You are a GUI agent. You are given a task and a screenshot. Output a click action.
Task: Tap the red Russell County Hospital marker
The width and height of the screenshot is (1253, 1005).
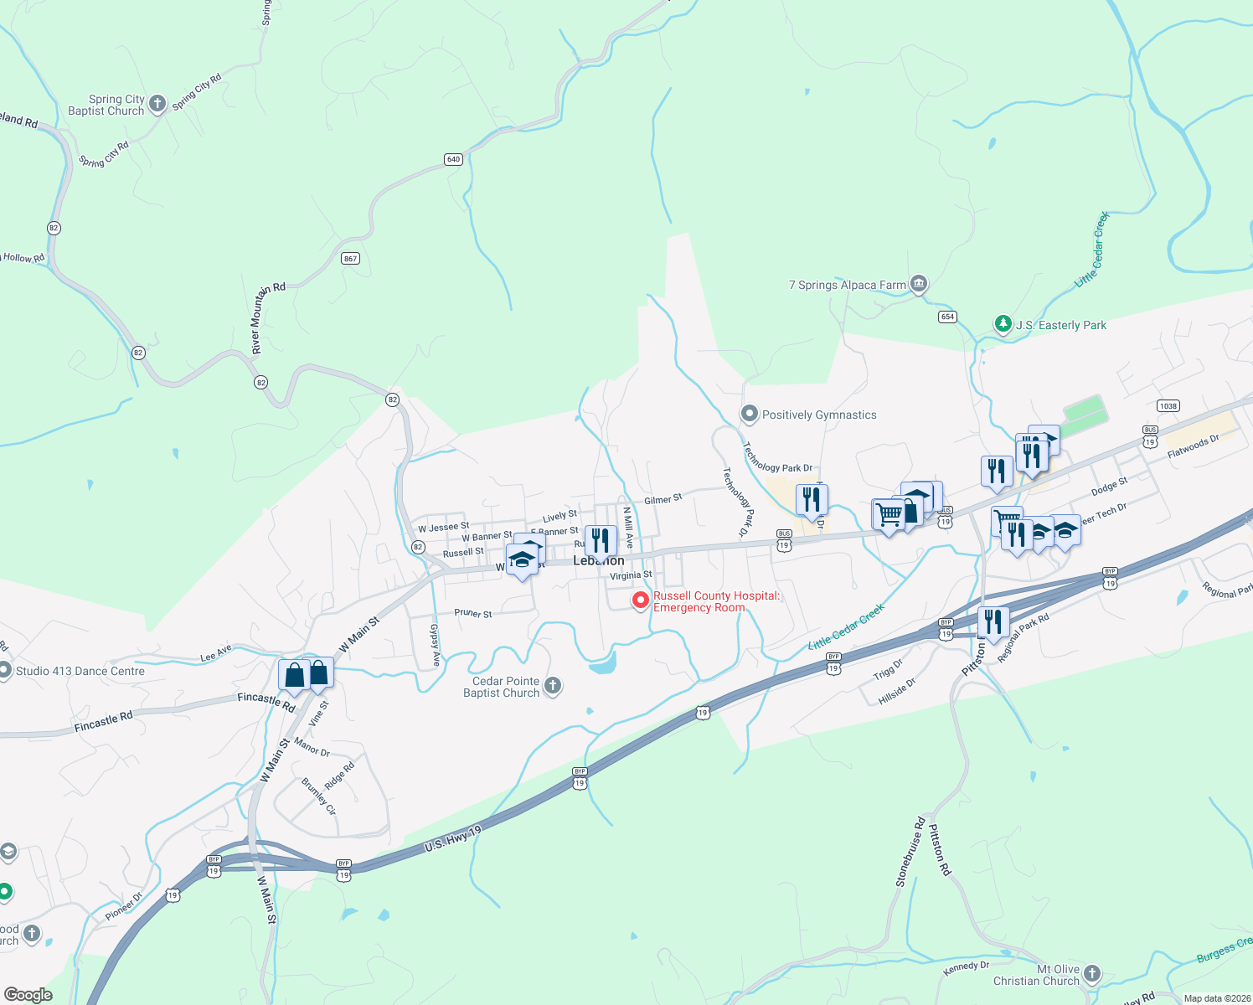tap(641, 600)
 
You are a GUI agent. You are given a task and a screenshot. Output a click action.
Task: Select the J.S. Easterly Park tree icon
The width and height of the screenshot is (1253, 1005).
tap(1003, 324)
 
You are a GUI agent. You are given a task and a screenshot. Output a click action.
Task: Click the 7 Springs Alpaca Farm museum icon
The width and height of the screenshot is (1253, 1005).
tap(919, 285)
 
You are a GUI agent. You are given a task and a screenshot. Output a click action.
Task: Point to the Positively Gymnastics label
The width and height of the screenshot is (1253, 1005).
tap(819, 415)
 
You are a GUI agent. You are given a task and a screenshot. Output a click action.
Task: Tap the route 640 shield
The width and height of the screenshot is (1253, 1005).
tap(453, 159)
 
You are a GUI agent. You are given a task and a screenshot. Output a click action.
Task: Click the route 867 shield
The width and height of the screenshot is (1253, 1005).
tap(351, 258)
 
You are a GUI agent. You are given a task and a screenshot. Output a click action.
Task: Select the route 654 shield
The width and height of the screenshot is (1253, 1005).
tap(947, 317)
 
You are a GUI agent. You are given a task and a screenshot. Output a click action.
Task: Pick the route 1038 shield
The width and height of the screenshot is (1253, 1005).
tap(1168, 405)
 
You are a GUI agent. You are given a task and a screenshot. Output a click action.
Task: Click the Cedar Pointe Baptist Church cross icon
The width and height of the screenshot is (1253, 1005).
tap(552, 687)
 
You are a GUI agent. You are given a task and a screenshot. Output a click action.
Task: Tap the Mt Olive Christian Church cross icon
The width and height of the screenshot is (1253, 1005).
tap(1091, 974)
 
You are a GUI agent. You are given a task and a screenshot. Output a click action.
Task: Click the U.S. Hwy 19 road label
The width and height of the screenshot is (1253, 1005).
tap(453, 839)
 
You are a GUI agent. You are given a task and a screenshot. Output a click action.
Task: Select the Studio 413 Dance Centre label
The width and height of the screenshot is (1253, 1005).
tap(80, 671)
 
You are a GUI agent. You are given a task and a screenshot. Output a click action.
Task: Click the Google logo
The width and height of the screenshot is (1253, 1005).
tap(28, 994)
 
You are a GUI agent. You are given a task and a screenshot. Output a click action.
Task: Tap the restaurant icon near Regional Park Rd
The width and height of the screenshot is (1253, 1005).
tap(993, 622)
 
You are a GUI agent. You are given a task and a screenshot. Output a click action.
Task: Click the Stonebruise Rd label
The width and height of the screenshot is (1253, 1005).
tap(910, 852)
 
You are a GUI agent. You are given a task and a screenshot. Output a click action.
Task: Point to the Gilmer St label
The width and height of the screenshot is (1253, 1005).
tap(663, 499)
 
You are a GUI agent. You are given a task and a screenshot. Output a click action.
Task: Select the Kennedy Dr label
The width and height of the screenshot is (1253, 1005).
tap(966, 967)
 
